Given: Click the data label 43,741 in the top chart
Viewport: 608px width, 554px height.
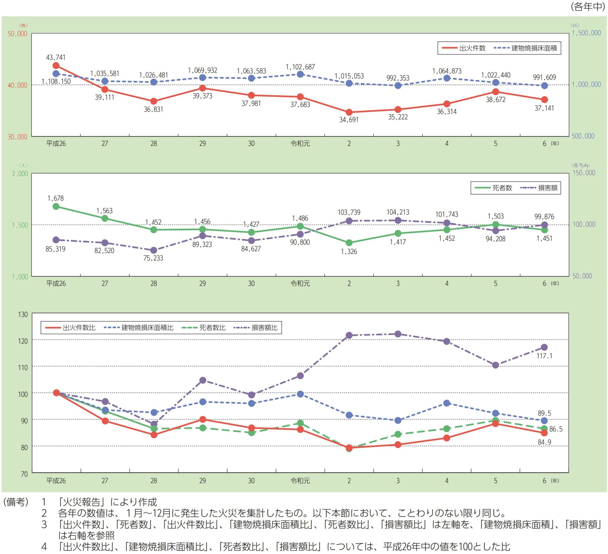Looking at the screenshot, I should tap(56, 57).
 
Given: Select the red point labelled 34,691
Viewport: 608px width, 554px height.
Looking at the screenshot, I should tap(349, 112).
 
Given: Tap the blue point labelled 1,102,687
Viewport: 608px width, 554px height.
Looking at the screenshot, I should tap(300, 74).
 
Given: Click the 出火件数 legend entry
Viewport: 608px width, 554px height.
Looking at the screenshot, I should tap(464, 48).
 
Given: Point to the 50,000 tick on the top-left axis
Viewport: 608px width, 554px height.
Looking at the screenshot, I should tap(17, 34).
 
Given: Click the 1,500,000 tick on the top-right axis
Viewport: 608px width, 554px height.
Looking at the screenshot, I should tap(586, 33).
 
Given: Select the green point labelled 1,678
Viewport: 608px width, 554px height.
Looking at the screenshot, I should tap(56, 207).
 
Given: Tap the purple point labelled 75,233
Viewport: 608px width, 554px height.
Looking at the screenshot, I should tap(154, 250).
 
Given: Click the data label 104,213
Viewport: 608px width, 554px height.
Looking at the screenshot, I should tap(398, 212).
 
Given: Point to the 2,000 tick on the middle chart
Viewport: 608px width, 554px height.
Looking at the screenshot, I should tap(20, 173).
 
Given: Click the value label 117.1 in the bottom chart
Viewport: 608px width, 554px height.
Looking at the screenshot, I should tap(544, 356).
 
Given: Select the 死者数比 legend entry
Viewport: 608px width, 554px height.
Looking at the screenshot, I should tap(204, 328).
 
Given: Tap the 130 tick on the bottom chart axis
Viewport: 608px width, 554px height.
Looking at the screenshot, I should tap(23, 314).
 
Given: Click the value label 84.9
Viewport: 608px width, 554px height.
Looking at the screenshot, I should tap(544, 442).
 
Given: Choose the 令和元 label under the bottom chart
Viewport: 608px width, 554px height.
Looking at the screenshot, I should tap(300, 481).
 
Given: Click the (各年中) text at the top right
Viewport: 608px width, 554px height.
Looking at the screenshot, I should tap(588, 6).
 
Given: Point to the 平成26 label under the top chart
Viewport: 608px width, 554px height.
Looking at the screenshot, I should tap(56, 144).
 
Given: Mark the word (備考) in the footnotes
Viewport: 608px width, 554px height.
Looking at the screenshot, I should tap(16, 502).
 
